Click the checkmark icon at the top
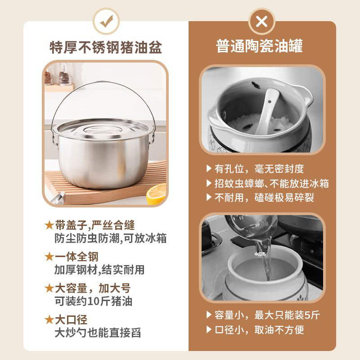tap(106, 21)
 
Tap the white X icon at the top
tap(261, 22)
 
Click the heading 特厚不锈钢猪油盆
tap(106, 48)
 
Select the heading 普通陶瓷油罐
tap(260, 46)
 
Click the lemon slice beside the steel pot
tap(157, 193)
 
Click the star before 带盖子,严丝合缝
tap(49, 225)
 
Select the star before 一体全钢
tap(49, 256)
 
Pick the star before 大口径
tap(49, 319)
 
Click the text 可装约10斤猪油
tap(94, 301)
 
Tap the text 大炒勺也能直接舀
tap(98, 333)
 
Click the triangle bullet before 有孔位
tap(209, 168)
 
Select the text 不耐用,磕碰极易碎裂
tap(264, 198)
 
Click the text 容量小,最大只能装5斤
tap(267, 315)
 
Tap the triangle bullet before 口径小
tap(209, 329)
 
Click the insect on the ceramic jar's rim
tap(256, 85)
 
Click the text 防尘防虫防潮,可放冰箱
tap(110, 238)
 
